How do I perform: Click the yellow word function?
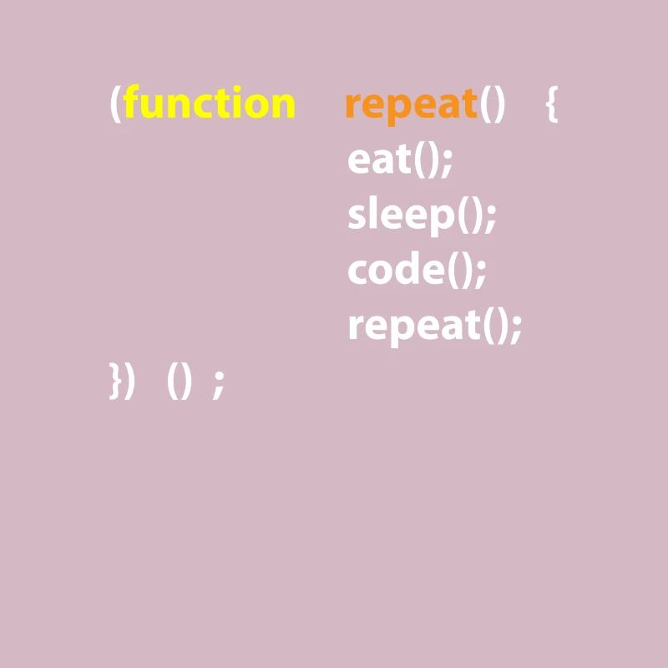pyautogui.click(x=209, y=104)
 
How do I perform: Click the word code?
pyautogui.click(x=394, y=270)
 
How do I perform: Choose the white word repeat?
pyautogui.click(x=413, y=326)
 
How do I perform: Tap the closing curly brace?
pyautogui.click(x=115, y=382)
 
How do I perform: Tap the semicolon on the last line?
pyautogui.click(x=219, y=384)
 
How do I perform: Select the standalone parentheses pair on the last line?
pyautogui.click(x=180, y=382)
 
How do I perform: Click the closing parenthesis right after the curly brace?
pyautogui.click(x=129, y=382)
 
